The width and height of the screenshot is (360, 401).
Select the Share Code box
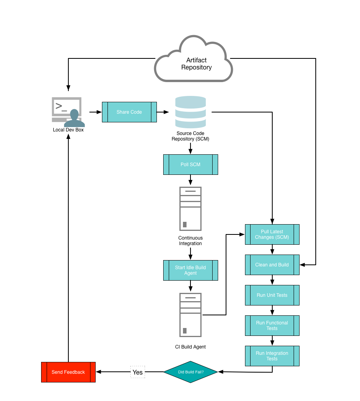129,112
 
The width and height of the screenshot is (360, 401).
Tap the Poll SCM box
190,165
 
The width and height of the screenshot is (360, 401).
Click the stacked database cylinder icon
190,112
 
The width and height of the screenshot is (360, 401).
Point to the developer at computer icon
68,112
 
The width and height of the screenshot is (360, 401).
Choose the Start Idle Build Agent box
190,270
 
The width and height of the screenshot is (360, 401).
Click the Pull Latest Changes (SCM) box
272,234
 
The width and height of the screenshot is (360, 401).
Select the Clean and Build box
272,265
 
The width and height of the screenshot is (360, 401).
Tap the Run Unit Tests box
272,295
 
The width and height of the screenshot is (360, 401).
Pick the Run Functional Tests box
272,326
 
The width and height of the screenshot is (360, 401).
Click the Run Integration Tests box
272,356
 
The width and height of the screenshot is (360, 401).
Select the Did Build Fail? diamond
190,372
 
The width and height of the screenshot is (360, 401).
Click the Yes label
138,372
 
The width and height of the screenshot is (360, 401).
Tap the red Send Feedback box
68,372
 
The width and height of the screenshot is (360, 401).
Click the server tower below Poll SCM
190,209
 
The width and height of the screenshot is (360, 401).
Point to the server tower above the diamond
190,315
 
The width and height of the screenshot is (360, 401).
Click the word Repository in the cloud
196,67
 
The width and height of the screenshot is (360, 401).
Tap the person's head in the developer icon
74,114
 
